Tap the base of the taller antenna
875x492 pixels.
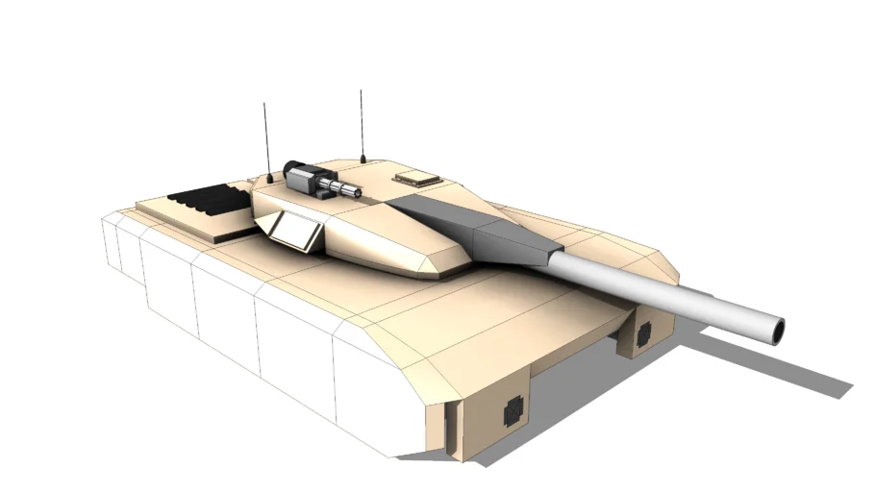[362, 159]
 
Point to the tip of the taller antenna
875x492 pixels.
[361, 91]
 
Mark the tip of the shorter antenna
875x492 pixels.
[264, 104]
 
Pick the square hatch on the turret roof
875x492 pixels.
[415, 178]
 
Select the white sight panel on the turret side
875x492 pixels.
[294, 231]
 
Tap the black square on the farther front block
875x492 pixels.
[642, 333]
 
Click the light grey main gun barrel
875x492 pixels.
[663, 288]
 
